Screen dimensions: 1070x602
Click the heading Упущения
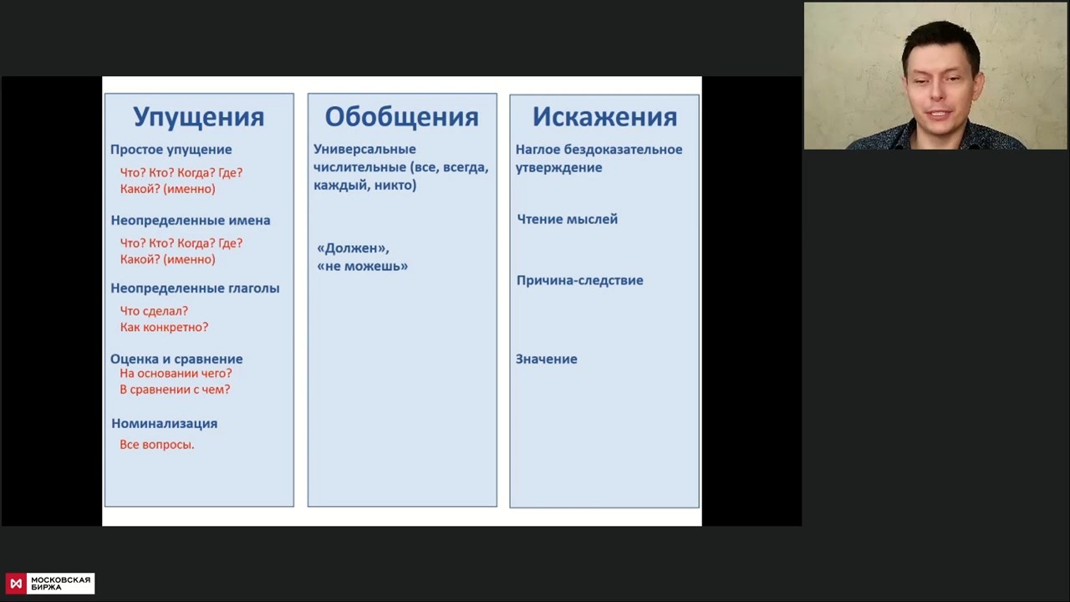pos(199,118)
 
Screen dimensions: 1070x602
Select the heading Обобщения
pos(402,117)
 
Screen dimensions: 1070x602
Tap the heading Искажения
pos(604,117)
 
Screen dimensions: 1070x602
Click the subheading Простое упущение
pos(171,150)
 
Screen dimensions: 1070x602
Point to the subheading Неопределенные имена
pos(191,220)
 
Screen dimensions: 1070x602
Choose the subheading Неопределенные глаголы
pos(195,288)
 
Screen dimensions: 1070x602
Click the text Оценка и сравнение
pos(176,359)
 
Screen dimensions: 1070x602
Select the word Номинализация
pos(165,423)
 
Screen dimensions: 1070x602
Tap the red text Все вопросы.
pos(156,444)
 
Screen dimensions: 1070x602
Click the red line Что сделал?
pos(154,311)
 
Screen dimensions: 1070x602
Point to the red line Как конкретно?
pos(165,327)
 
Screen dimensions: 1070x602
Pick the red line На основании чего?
pos(176,373)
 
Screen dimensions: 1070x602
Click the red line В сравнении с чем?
pos(175,390)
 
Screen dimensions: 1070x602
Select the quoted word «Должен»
pos(354,248)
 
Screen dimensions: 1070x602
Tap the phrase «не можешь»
pos(363,266)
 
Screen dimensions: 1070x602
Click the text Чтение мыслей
pos(568,219)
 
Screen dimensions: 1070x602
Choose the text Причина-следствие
pos(580,280)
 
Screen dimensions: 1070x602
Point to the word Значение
pos(547,359)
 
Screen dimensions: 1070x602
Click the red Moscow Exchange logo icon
pos(16,584)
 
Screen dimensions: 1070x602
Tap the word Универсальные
pos(364,149)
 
